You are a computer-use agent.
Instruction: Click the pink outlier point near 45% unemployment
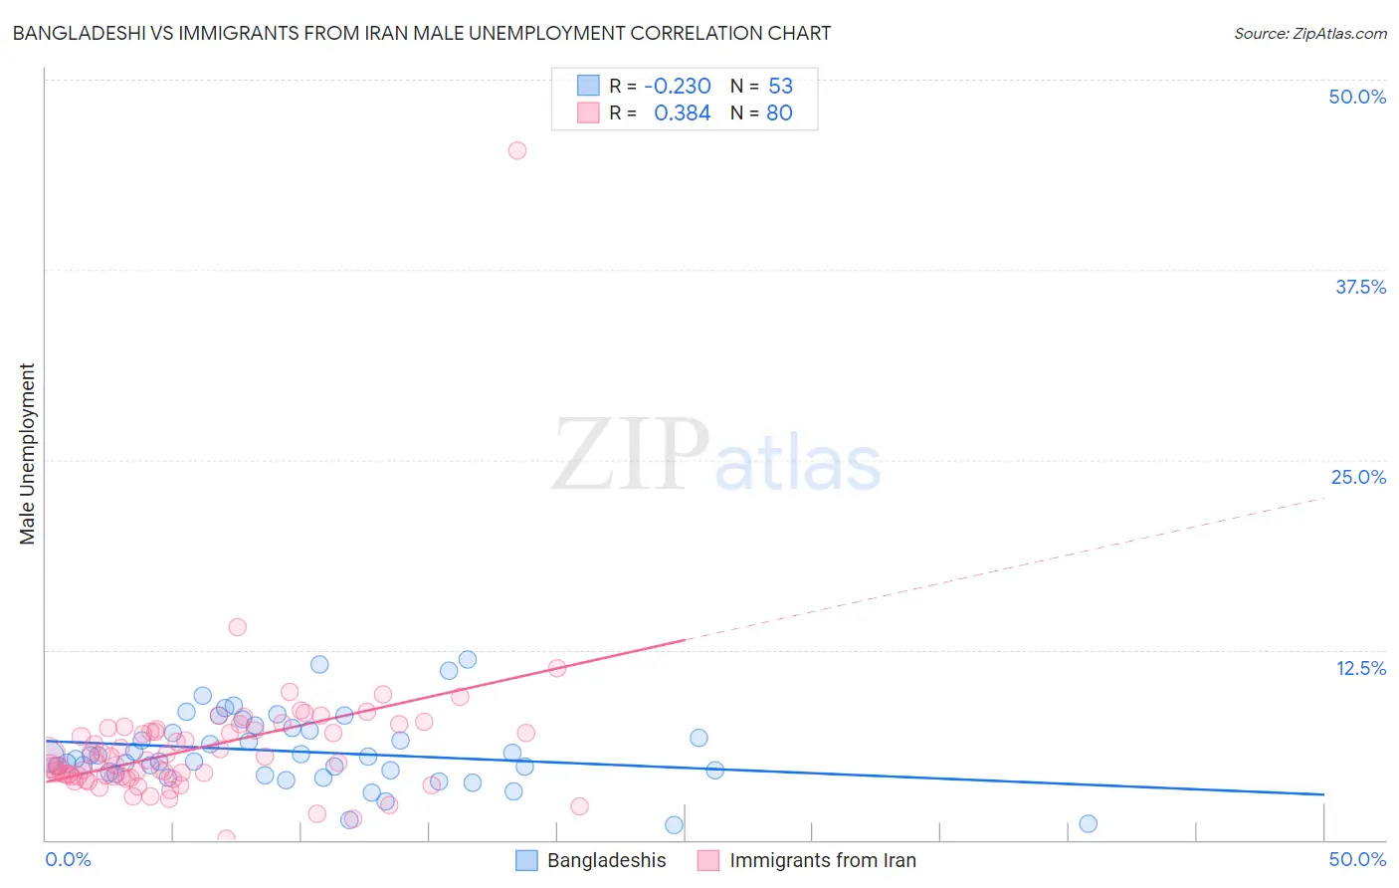pyautogui.click(x=517, y=150)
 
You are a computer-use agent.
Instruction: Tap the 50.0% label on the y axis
pyautogui.click(x=1357, y=97)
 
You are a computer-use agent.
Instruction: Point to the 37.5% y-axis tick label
pyautogui.click(x=1360, y=287)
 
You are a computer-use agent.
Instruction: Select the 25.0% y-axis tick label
pyautogui.click(x=1358, y=477)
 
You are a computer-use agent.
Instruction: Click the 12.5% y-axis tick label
pyautogui.click(x=1360, y=667)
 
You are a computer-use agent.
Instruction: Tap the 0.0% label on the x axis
pyautogui.click(x=69, y=859)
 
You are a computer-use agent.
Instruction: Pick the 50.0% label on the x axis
pyautogui.click(x=1357, y=859)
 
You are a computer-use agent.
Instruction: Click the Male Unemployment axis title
pyautogui.click(x=27, y=454)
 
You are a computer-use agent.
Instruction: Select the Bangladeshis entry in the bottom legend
pyautogui.click(x=606, y=860)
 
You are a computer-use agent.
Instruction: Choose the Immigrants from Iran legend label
pyautogui.click(x=822, y=860)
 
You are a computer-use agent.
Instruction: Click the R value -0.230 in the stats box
pyautogui.click(x=678, y=86)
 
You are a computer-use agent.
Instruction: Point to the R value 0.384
pyautogui.click(x=682, y=113)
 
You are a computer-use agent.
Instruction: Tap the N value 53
pyautogui.click(x=780, y=86)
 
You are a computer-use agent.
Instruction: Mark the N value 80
pyautogui.click(x=779, y=113)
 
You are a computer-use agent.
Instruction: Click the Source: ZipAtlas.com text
pyautogui.click(x=1309, y=33)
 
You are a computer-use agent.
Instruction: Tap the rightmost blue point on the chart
pyautogui.click(x=1088, y=823)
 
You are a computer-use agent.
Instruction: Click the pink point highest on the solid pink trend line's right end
pyautogui.click(x=557, y=668)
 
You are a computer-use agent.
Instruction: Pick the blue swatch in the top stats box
pyautogui.click(x=588, y=86)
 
